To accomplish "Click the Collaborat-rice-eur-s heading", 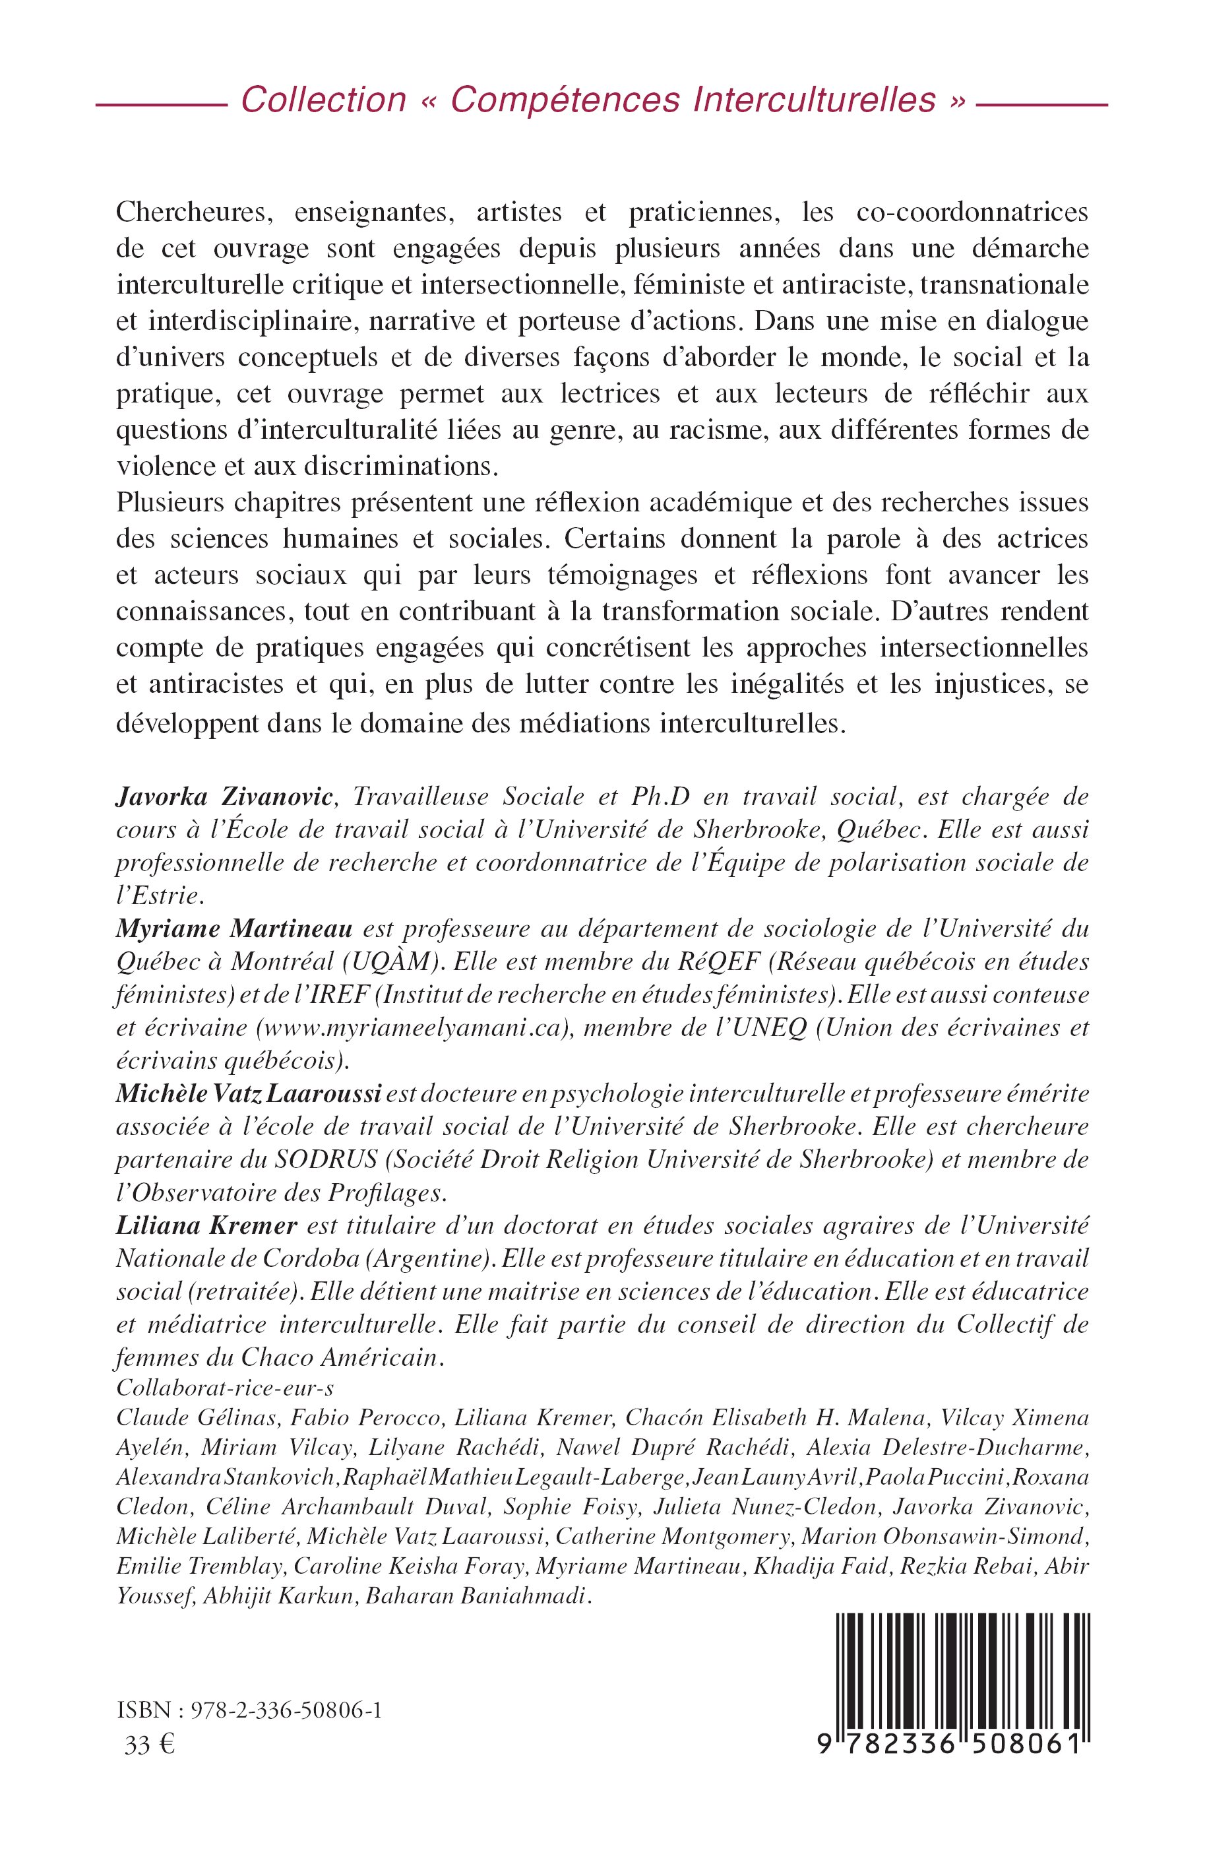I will (225, 1388).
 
